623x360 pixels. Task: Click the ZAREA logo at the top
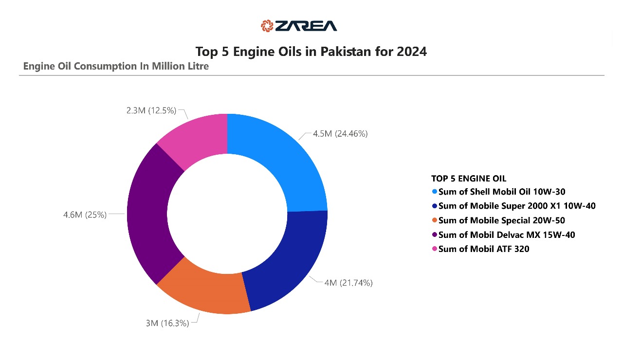298,26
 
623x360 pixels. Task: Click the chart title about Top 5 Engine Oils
311,52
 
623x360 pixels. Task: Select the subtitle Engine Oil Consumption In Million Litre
116,66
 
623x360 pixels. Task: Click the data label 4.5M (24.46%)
340,133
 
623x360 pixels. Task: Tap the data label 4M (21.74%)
348,283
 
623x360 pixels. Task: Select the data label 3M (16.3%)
167,323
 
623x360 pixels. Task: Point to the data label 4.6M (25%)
85,215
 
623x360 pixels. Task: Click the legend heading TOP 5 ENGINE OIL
469,179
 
